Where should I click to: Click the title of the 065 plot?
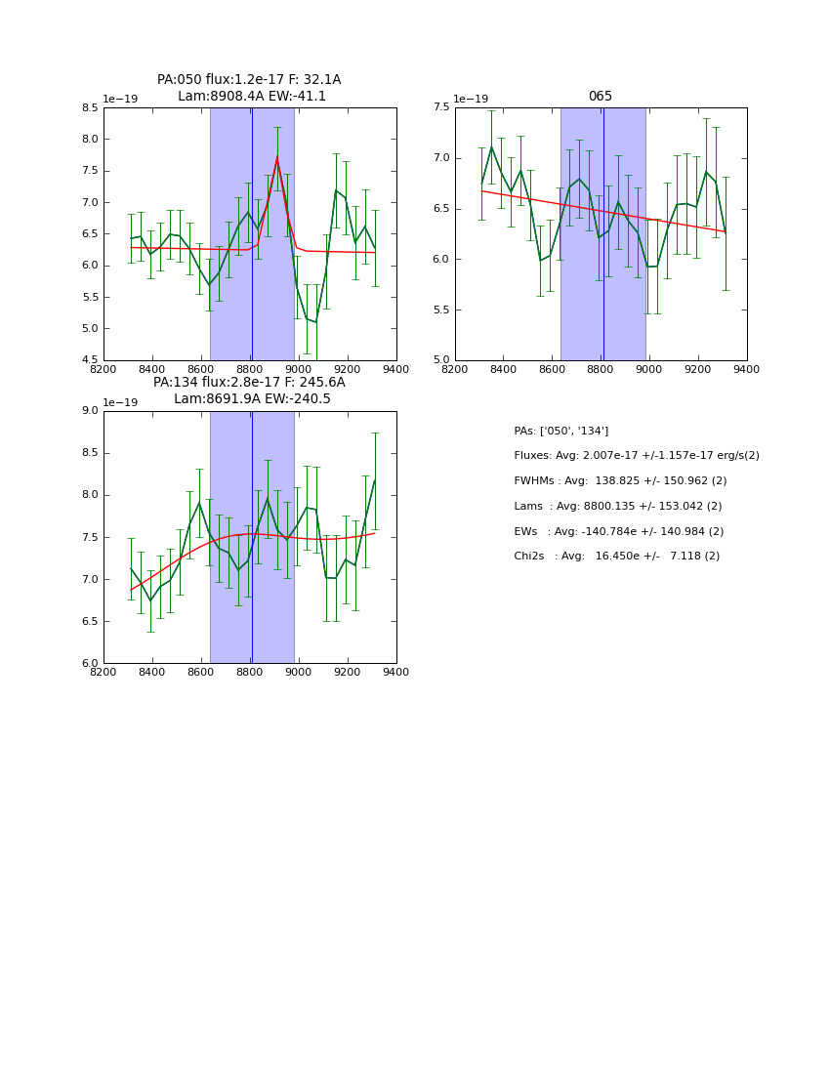click(x=600, y=97)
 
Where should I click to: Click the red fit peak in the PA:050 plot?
click(x=276, y=158)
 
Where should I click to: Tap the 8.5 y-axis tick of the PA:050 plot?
click(x=89, y=108)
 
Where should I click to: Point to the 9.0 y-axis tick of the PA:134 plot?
click(x=89, y=411)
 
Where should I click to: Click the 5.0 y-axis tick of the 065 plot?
click(x=440, y=360)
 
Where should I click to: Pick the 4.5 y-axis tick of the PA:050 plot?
click(x=89, y=360)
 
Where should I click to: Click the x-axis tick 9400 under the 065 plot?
click(x=746, y=368)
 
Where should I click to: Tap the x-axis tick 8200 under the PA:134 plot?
click(x=104, y=672)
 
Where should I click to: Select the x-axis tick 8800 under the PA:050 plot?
click(x=250, y=368)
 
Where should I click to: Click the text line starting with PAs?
click(x=560, y=431)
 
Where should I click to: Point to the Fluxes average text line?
click(x=636, y=456)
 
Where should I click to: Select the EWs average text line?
click(x=618, y=531)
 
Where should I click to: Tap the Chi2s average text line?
click(x=616, y=557)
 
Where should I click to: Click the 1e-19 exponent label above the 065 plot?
click(x=472, y=100)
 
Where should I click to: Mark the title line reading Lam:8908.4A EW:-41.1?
click(x=251, y=97)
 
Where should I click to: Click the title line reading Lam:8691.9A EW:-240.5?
click(x=251, y=399)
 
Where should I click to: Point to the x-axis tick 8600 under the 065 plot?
click(x=552, y=368)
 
